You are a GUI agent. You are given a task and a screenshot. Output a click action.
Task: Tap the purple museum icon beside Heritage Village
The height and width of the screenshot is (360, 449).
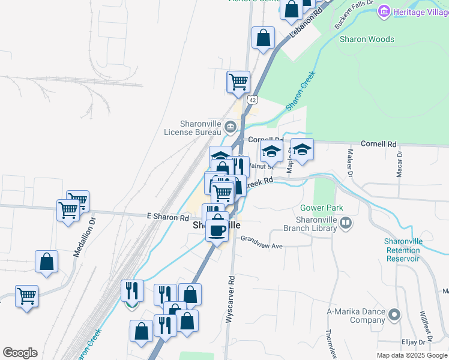(384, 11)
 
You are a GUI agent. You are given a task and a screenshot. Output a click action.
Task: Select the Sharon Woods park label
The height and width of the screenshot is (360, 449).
(367, 40)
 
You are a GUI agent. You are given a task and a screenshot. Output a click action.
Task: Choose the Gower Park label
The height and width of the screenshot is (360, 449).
(322, 208)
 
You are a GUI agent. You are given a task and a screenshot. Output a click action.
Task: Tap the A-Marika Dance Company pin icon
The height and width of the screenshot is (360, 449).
(394, 314)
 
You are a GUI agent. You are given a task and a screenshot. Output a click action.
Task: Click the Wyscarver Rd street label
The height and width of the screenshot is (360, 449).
(230, 300)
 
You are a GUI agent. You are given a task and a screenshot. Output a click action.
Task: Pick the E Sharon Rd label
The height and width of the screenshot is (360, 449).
(168, 218)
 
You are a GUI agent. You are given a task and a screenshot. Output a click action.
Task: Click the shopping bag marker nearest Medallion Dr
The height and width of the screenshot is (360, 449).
(46, 261)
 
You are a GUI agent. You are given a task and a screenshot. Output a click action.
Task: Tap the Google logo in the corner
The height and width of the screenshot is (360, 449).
(20, 353)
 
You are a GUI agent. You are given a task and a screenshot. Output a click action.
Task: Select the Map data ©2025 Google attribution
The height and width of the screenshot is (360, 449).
(412, 355)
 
